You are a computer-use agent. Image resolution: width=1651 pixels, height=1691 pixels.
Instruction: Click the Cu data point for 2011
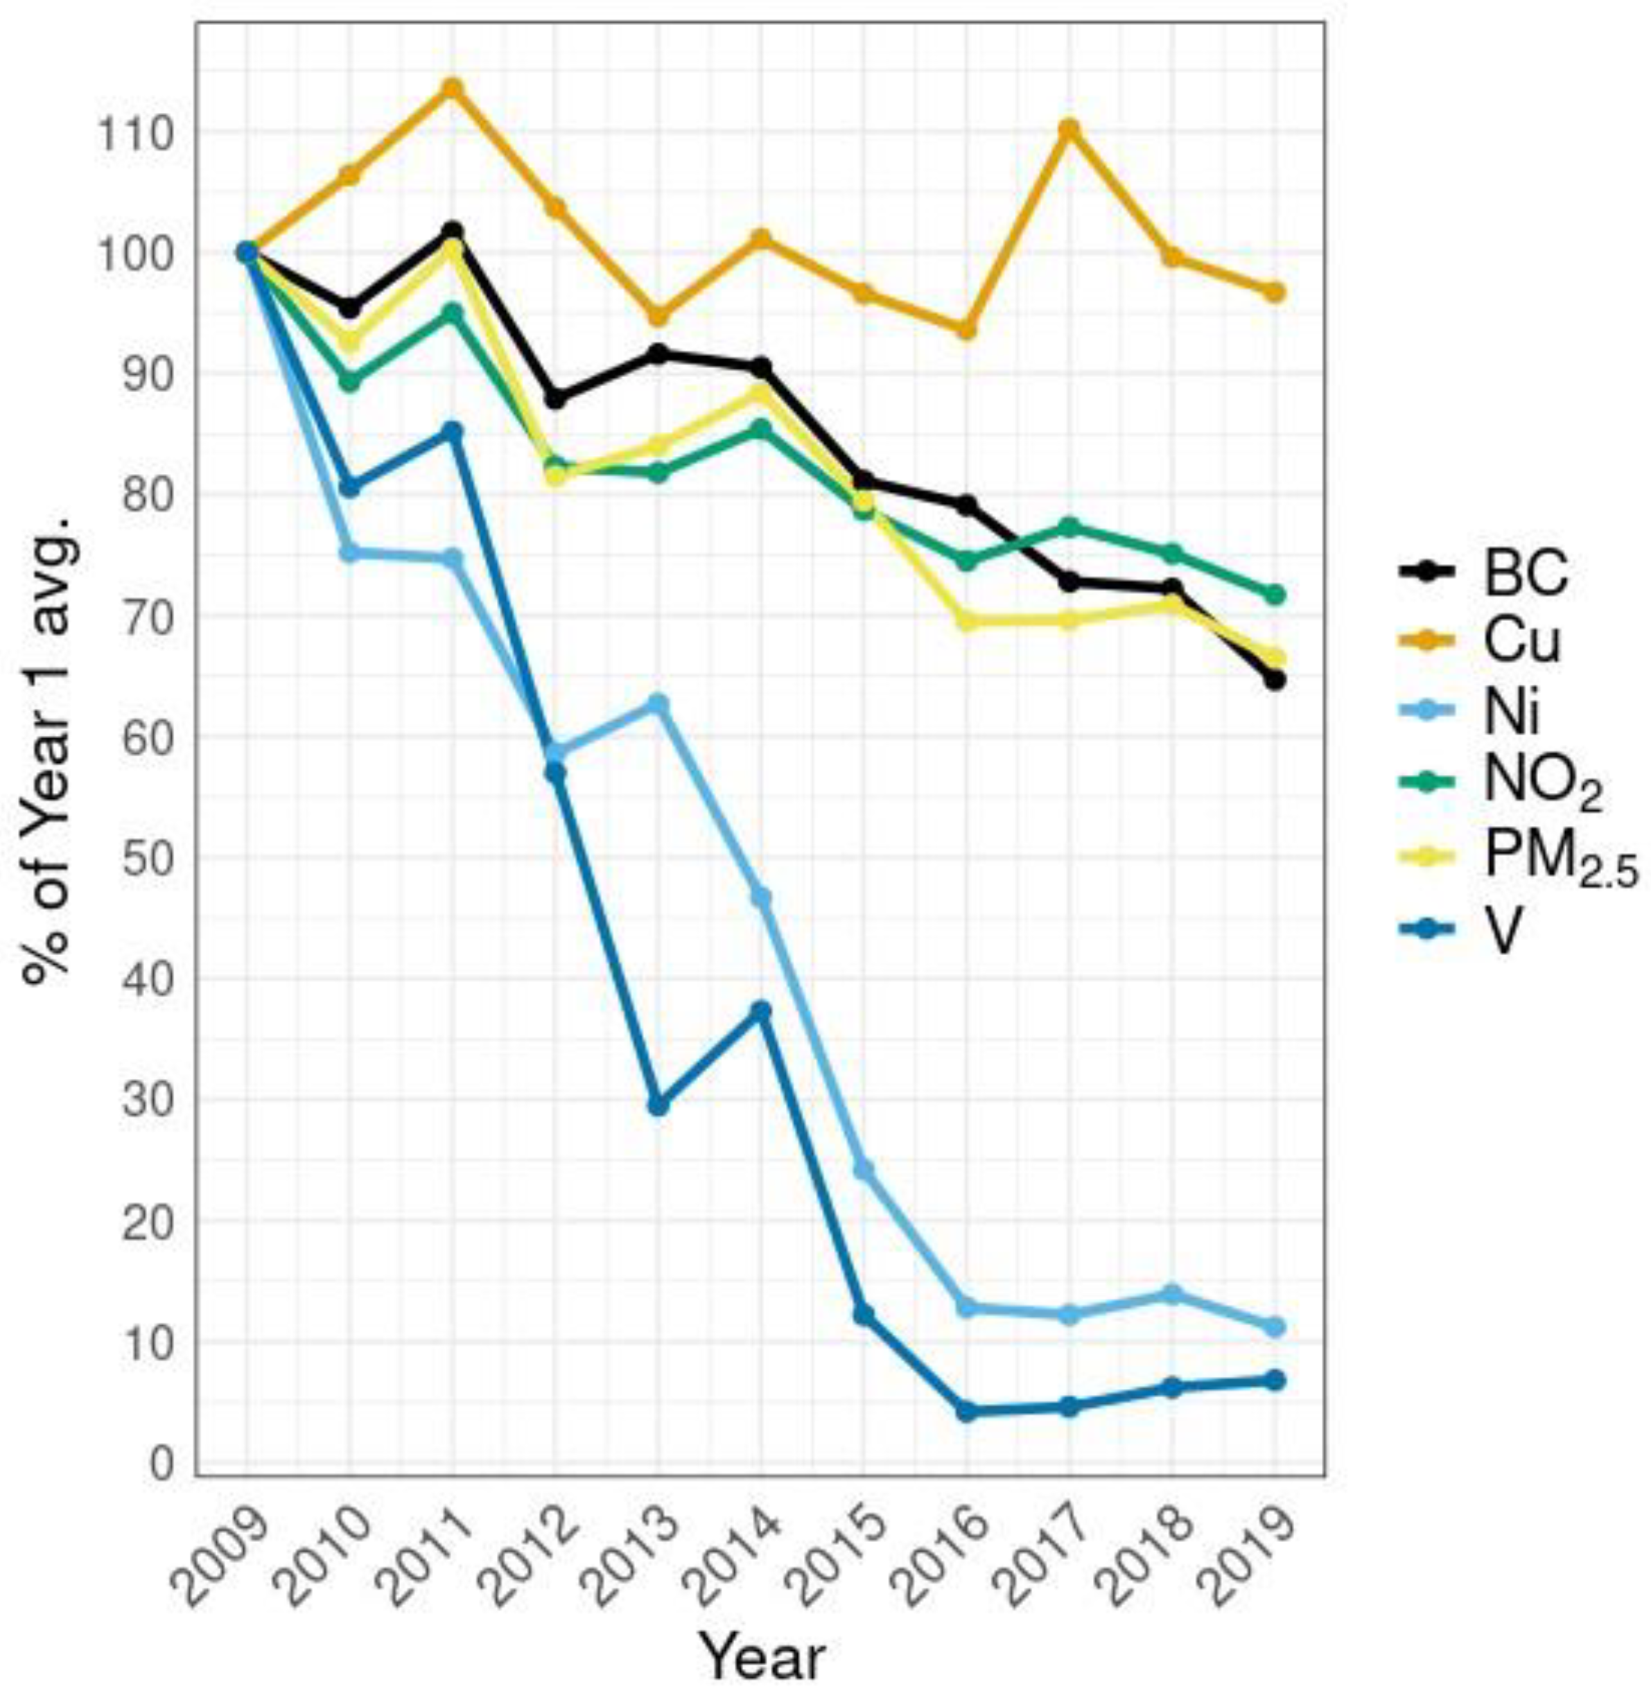452,89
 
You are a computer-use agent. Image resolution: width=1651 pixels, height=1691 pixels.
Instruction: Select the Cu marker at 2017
1069,129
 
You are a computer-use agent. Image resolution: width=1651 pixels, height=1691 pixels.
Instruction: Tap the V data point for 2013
658,1107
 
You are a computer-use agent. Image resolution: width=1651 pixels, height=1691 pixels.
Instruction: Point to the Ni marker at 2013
658,703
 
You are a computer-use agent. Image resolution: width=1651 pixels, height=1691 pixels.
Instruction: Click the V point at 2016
967,1412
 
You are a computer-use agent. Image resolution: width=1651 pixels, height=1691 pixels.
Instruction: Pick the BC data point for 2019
1275,681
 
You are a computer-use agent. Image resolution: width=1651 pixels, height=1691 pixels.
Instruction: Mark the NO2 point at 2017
1069,527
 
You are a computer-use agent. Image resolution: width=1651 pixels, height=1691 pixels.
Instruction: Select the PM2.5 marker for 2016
967,622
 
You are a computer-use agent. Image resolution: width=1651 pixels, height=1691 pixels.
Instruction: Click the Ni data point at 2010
349,553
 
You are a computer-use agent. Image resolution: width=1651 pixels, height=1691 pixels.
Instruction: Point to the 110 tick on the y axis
138,132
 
